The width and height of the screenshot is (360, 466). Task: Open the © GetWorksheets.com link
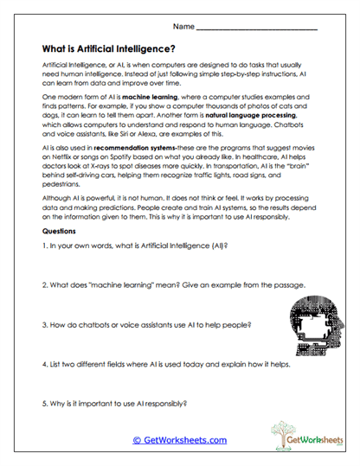[x=179, y=439]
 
